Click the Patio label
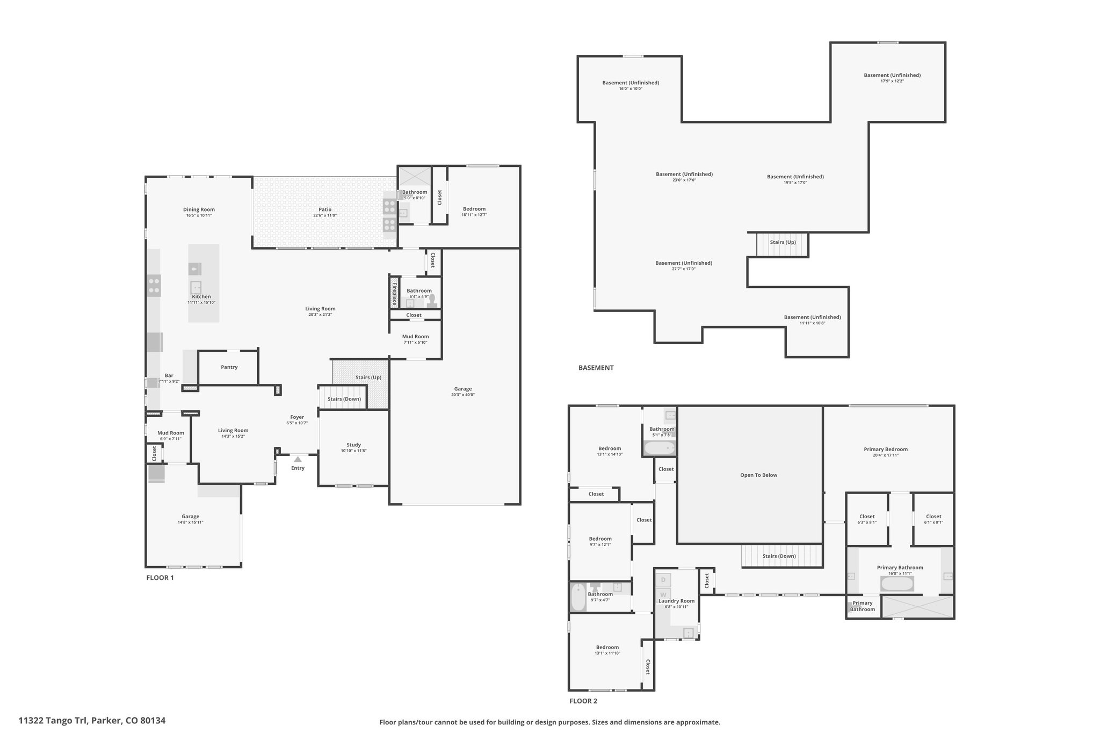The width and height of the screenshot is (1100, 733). pos(325,209)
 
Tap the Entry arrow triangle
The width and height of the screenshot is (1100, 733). pos(298,459)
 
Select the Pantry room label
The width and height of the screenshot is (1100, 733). pos(229,367)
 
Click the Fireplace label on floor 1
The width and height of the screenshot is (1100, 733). pos(395,294)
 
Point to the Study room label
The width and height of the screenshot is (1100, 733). pos(353,445)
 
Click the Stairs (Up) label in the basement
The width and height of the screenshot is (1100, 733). pos(783,242)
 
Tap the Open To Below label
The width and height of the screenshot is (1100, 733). pos(758,475)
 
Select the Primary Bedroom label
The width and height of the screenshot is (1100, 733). pos(886,449)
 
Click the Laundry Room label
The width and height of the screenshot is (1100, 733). pos(676,601)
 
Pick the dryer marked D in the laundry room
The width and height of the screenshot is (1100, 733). pos(663,579)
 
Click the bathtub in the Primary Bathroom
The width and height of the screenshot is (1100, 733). pos(897,583)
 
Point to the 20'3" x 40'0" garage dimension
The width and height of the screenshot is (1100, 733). pos(463,395)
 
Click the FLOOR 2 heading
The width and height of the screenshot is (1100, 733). pos(583,701)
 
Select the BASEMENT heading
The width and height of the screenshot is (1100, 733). pos(596,368)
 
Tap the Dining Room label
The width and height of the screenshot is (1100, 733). pos(199,209)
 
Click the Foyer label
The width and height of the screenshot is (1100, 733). pos(297,417)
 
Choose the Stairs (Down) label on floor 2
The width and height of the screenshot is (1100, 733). pos(779,556)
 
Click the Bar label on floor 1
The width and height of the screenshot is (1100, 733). pos(169,375)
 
